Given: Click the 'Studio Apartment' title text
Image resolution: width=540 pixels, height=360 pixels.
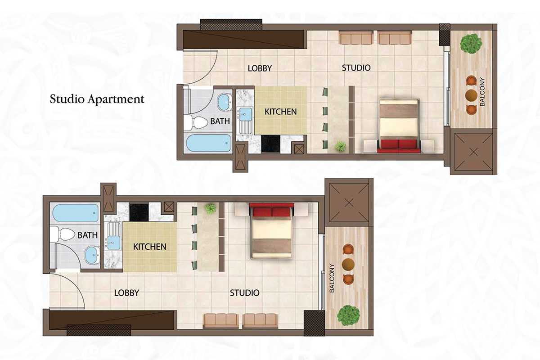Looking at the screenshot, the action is (x=97, y=99).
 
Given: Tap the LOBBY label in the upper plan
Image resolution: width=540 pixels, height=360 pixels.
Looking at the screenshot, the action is (x=260, y=68).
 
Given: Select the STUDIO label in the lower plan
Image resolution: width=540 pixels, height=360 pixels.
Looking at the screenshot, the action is (x=244, y=293).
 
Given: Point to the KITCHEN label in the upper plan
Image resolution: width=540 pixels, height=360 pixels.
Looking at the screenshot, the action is (x=281, y=112).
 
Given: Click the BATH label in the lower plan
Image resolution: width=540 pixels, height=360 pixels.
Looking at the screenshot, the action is (x=87, y=235).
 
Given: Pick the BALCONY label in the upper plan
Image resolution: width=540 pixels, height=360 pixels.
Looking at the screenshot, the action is (x=482, y=92).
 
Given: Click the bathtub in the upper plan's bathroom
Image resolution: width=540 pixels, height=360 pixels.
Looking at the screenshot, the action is (x=209, y=143).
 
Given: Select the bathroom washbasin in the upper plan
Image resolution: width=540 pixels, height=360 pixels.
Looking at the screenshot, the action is (x=225, y=103).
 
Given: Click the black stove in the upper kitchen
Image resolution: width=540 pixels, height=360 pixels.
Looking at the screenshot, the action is (x=270, y=144).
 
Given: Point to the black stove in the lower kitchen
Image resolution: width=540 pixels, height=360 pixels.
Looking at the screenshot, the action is (x=139, y=212).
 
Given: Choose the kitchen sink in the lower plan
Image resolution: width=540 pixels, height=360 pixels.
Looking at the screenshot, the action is (x=113, y=243).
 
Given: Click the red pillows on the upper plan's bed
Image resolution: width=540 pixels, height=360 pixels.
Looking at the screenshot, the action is (x=399, y=144).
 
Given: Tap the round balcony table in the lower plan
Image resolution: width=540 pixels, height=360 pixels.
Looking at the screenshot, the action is (x=348, y=264).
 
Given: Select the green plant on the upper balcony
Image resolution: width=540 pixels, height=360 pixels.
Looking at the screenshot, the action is (x=471, y=44).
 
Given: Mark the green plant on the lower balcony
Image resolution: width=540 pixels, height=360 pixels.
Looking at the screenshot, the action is (x=348, y=315).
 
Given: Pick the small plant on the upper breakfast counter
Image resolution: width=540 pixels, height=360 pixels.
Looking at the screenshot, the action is (x=340, y=146).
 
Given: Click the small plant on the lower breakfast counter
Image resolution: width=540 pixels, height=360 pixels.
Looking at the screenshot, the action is (x=211, y=208).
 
